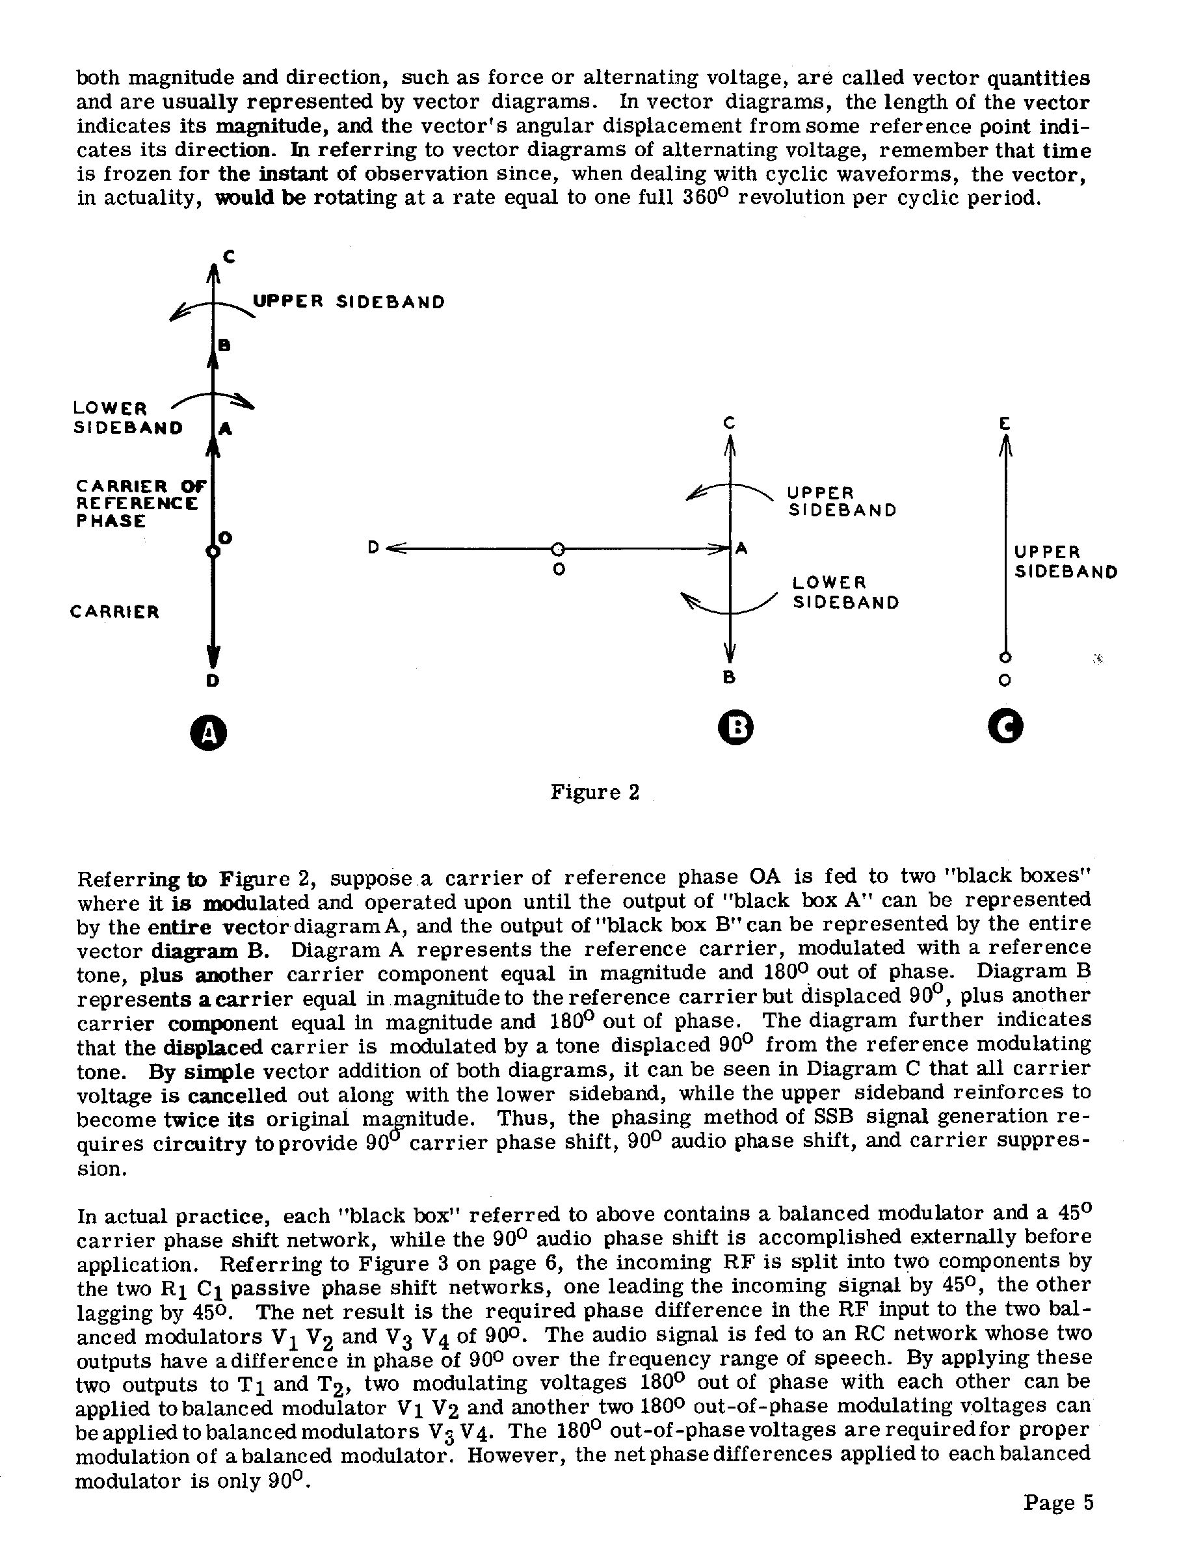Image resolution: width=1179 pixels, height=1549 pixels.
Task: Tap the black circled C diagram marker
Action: (1005, 728)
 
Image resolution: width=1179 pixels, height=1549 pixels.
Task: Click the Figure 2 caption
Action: (594, 793)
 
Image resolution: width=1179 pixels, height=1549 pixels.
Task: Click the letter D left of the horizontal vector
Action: (374, 548)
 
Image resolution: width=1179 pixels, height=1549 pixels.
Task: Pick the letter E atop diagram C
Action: (1005, 423)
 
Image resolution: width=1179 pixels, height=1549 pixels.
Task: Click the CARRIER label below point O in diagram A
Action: (115, 612)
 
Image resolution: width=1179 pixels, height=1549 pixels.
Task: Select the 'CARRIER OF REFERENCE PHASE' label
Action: (140, 503)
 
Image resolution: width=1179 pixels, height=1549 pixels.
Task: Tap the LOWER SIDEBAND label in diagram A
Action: (127, 417)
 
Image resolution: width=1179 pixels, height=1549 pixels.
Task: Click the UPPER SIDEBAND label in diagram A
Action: (349, 302)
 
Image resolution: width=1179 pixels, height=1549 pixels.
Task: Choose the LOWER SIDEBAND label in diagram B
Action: (845, 592)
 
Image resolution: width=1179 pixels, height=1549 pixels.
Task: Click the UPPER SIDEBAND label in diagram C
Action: (1065, 561)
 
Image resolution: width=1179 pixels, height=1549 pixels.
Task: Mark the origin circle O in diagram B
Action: (557, 549)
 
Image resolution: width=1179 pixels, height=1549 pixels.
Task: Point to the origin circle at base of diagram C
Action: (1005, 657)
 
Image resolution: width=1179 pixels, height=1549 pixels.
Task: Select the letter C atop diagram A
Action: (229, 257)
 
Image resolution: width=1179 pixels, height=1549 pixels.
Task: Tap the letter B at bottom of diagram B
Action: (729, 678)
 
